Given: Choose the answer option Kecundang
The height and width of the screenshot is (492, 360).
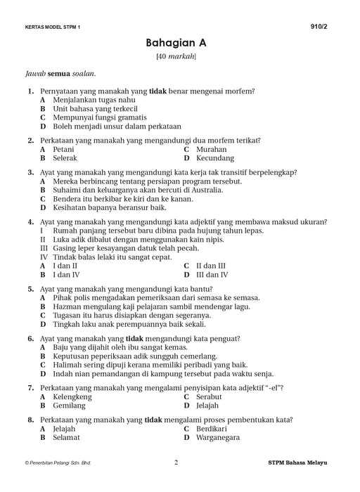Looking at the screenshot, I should (x=217, y=160).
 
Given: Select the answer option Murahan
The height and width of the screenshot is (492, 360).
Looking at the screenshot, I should (x=212, y=150).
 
